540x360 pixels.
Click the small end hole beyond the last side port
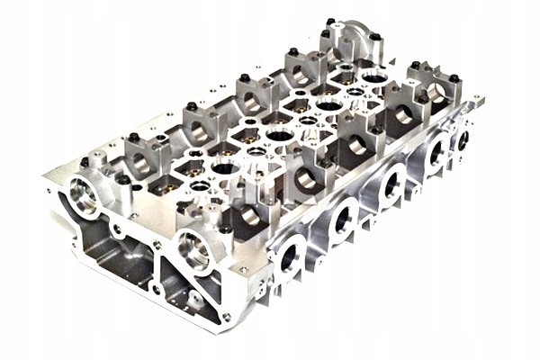[x=463, y=139]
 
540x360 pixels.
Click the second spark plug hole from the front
[x=279, y=136]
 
